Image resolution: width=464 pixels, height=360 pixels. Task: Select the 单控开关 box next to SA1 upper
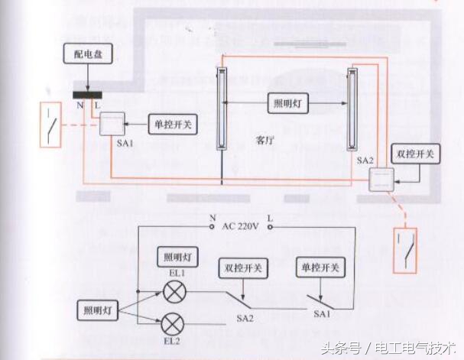pyautogui.click(x=173, y=123)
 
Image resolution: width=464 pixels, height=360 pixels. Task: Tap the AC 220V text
pyautogui.click(x=241, y=227)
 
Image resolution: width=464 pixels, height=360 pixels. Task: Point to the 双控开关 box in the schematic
pyautogui.click(x=242, y=268)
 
